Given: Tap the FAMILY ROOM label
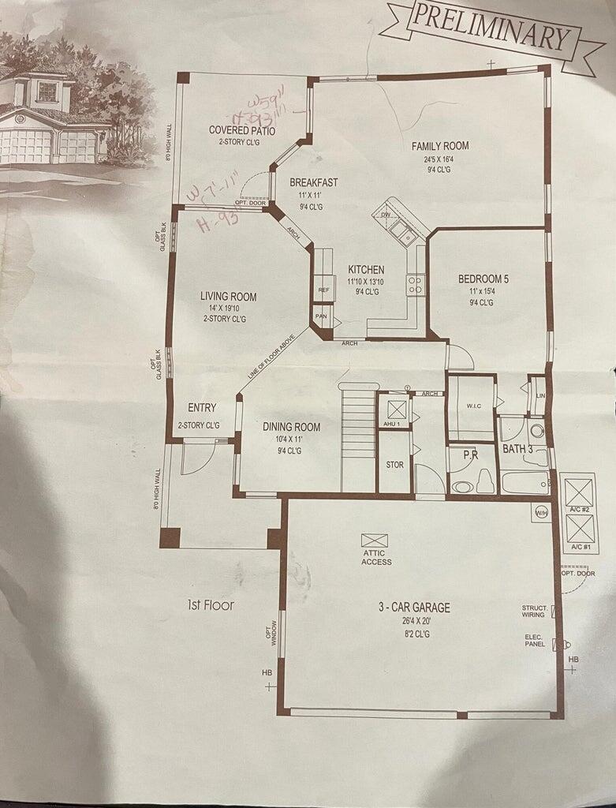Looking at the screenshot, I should (440, 146).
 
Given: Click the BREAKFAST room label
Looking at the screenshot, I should (313, 183).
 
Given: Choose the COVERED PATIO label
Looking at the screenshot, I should (242, 130).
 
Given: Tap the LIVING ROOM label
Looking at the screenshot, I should (228, 297).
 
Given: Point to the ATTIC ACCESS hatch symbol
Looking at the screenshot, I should (375, 541).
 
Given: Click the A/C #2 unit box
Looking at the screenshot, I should (580, 489).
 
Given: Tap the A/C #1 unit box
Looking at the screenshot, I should (580, 527).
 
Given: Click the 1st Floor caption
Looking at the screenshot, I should (211, 606).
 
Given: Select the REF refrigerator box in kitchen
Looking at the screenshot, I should (323, 290).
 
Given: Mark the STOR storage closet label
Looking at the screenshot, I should (394, 465).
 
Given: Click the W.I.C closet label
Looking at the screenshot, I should (473, 406).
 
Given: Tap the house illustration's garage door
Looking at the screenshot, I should (25, 146).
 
